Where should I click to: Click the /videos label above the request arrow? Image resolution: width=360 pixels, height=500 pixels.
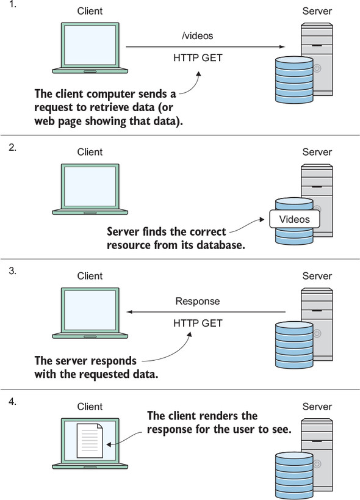coord(197,35)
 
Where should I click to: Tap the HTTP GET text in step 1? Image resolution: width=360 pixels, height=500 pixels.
coord(198,58)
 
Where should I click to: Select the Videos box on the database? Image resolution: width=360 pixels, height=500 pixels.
coord(294,219)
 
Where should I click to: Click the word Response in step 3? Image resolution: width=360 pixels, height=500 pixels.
coord(198,302)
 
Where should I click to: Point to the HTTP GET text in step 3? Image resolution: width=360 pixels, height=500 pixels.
coord(198,323)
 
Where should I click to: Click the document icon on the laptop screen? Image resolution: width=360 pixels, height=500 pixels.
coord(90,440)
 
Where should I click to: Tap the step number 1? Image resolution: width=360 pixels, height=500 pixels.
coord(12,4)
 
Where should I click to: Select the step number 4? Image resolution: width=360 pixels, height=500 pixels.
coord(12,402)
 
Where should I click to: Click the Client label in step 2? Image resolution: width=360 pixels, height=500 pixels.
coord(90,152)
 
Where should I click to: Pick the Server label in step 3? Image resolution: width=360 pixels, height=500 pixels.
coord(317,276)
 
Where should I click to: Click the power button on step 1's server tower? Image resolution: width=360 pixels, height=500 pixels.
coord(317,68)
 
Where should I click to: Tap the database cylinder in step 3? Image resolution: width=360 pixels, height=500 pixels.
coord(294,345)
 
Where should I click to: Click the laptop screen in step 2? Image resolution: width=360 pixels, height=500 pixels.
coord(90,186)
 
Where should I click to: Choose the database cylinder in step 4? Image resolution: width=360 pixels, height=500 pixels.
coord(294,475)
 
